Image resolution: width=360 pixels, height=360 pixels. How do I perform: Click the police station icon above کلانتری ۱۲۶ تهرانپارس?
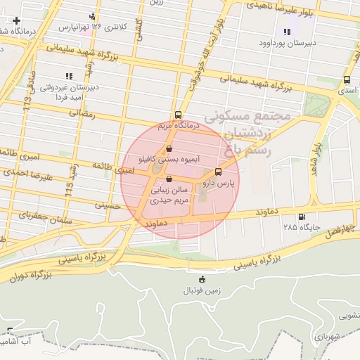93,16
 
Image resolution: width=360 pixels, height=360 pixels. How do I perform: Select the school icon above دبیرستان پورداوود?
286,32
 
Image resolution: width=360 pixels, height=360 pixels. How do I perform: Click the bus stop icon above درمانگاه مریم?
178,115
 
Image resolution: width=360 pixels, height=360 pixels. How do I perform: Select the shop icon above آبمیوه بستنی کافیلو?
169,149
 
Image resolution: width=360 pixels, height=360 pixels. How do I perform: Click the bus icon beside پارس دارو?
218,171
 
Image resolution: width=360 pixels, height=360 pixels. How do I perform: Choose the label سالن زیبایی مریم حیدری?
169,195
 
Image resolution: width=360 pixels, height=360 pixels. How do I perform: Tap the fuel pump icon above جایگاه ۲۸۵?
302,217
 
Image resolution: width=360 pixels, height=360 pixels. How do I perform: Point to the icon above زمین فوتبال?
202,279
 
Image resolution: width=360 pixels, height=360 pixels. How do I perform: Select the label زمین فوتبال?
202,290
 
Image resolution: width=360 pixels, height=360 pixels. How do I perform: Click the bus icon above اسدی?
347,79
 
